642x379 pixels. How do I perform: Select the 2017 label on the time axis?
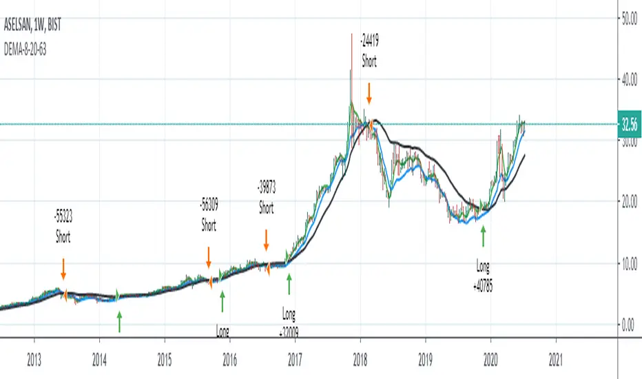pyautogui.click(x=295, y=358)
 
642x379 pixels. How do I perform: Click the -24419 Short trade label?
pyautogui.click(x=369, y=52)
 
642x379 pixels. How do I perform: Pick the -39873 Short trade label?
pyautogui.click(x=266, y=197)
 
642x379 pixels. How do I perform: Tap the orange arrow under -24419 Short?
pyautogui.click(x=369, y=92)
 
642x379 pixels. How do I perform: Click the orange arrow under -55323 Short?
pyautogui.click(x=63, y=267)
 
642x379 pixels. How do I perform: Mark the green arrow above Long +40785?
pyautogui.click(x=483, y=237)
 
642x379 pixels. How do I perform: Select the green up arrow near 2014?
pyautogui.click(x=120, y=320)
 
